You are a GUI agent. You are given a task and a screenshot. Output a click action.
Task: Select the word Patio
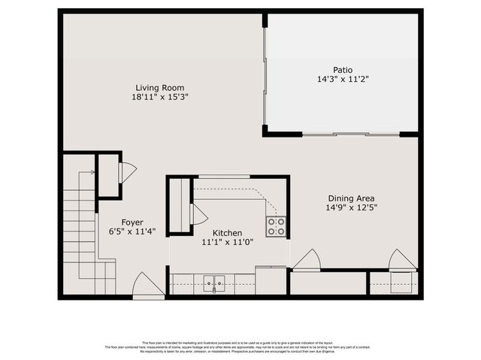[x=342, y=69]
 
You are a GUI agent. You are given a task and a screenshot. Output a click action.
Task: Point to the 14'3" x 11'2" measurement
[x=342, y=79]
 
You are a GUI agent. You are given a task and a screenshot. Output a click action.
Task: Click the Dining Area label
[x=352, y=198]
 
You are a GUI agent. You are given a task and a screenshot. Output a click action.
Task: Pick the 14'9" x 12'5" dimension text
[x=352, y=207]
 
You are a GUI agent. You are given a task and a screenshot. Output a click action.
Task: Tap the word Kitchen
[x=227, y=233]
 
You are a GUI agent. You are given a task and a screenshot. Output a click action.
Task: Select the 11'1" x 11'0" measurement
[x=227, y=243]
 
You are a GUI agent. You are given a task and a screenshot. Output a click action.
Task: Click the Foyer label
[x=132, y=222]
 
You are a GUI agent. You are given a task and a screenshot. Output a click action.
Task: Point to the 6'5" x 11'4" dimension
[x=132, y=232]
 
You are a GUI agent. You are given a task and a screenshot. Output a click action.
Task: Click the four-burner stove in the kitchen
[x=276, y=226]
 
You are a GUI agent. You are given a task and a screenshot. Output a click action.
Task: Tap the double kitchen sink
[x=214, y=284]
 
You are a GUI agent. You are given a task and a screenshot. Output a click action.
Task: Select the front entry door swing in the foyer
[x=147, y=285]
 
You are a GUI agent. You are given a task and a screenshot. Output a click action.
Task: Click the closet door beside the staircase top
[x=127, y=173]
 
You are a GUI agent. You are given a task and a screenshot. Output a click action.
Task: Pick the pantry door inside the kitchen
[x=199, y=214]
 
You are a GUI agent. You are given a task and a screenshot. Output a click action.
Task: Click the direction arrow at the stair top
[x=91, y=173]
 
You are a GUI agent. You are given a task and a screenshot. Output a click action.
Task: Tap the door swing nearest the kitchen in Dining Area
[x=307, y=260]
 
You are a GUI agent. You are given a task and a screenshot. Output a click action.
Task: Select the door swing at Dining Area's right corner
[x=402, y=260]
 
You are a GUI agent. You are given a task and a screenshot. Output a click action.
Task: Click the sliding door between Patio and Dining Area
[x=350, y=135]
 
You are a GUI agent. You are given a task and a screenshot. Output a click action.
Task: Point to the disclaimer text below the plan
[x=240, y=346]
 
